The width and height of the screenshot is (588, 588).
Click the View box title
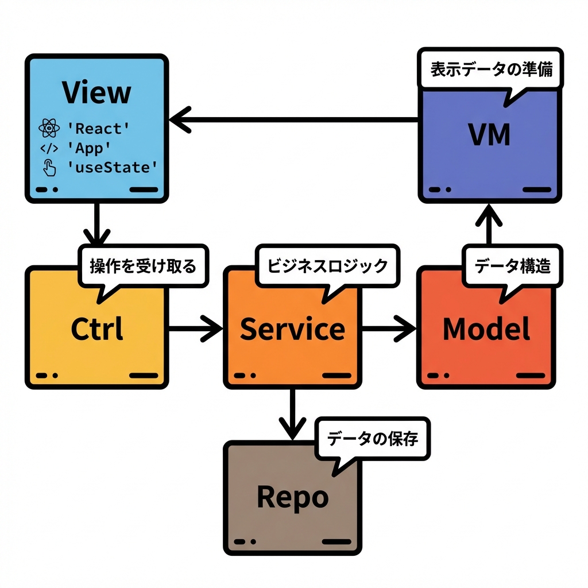pos(96,93)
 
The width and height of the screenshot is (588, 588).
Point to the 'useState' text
pos(112,168)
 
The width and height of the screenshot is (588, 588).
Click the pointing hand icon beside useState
pos(49,168)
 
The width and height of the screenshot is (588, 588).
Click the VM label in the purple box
pos(489,134)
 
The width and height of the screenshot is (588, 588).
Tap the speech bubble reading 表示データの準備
pos(491,71)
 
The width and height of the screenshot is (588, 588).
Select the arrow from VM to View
pos(293,120)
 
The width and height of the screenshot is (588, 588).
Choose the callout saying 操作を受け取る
pos(143,266)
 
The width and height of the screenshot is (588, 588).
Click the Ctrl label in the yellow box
pos(96,329)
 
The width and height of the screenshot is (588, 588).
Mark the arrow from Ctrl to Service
pos(195,328)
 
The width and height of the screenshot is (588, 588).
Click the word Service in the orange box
pos(292,329)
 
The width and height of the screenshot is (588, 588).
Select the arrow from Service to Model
pos(389,328)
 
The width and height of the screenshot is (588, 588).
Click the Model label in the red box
pos(486,329)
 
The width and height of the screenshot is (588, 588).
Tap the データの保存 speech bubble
pos(372,439)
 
